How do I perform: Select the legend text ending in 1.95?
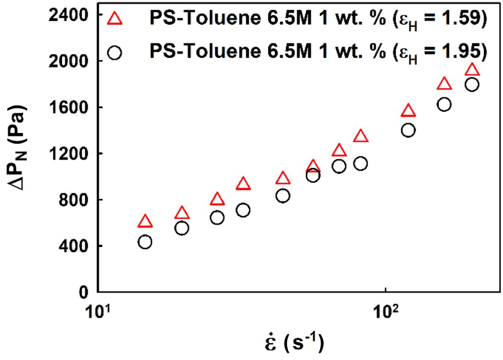(x=317, y=52)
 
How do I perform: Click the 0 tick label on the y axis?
(x=83, y=292)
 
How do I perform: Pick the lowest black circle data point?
(x=145, y=242)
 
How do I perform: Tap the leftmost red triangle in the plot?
(x=145, y=221)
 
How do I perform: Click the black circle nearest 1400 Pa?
(x=408, y=130)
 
